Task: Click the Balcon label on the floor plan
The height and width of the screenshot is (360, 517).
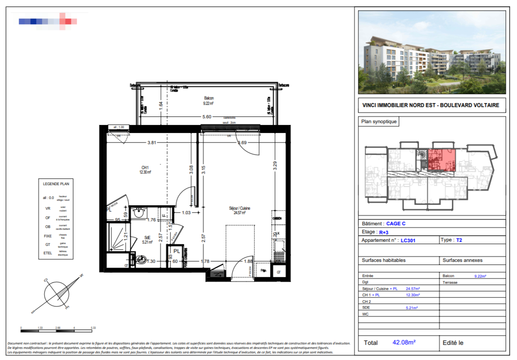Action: coord(209,98)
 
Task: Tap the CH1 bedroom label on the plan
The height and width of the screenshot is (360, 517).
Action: coord(144,168)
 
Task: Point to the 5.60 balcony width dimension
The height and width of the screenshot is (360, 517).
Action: coord(206,117)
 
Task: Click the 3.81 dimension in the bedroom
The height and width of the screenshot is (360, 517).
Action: coord(152,143)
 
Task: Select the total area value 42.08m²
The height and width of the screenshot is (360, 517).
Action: coord(404,343)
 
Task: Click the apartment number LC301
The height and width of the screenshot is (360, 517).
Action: coord(408,240)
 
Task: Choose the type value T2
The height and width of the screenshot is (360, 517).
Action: coord(459,240)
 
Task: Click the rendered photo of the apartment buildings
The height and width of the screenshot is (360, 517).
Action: coord(432,51)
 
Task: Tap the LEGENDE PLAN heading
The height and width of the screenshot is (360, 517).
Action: coord(56,183)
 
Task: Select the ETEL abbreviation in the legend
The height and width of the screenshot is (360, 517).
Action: coord(48,253)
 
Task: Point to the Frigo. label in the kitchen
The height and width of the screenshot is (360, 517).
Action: coord(263,271)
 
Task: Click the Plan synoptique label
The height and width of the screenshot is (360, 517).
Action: coord(379,121)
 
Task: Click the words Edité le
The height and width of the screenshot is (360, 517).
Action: coord(453,343)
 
